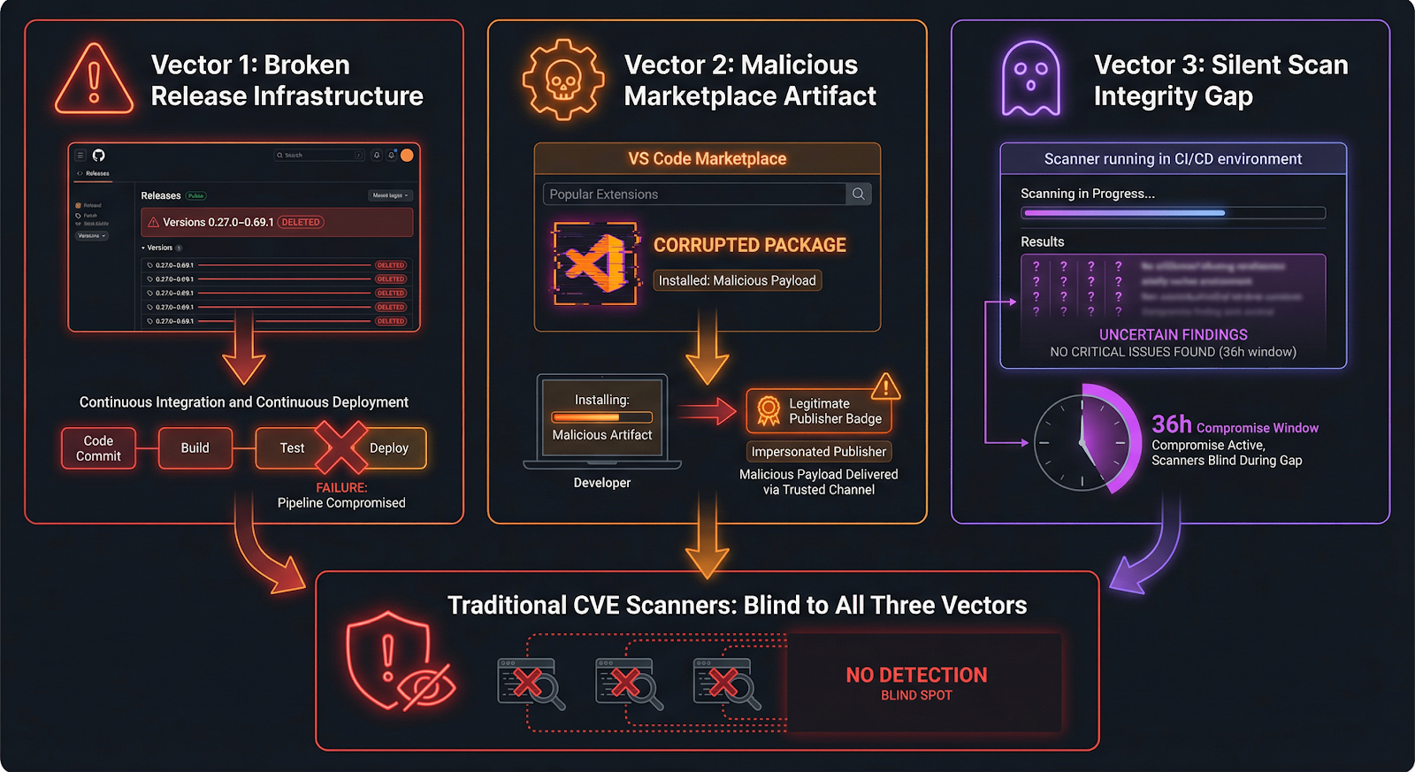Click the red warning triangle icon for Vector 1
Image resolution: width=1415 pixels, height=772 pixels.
click(x=94, y=80)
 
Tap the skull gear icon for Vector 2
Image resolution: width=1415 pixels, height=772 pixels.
click(x=562, y=80)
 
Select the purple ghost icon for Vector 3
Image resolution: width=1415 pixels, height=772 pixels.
click(x=1030, y=80)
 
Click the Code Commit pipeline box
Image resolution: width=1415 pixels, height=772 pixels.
click(x=98, y=448)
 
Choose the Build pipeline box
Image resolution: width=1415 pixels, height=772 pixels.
click(x=195, y=448)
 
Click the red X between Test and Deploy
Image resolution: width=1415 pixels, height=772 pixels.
click(x=341, y=447)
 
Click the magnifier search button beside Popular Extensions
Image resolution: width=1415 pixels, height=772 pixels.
click(x=858, y=194)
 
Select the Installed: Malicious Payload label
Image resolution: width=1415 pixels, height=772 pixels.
click(x=737, y=280)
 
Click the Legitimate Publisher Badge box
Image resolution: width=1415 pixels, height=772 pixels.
click(x=819, y=411)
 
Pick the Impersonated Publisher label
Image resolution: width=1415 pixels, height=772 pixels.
click(x=819, y=452)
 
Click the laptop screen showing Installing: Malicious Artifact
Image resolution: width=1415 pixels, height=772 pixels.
click(x=602, y=417)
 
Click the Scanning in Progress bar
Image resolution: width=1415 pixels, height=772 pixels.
click(x=1173, y=213)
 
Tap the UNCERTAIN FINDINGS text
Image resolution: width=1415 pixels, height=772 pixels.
click(x=1173, y=335)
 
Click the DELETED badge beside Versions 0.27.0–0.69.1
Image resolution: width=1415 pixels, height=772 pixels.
click(x=301, y=223)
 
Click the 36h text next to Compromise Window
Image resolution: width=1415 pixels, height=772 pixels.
click(x=1171, y=425)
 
